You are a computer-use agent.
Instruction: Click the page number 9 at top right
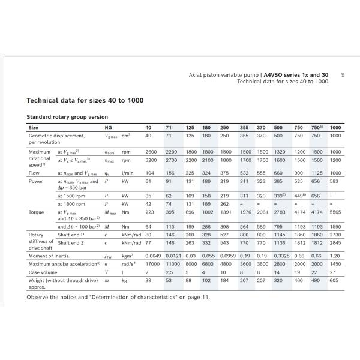[342, 75]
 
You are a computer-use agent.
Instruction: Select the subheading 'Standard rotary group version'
[67, 116]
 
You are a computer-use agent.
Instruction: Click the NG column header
[108, 128]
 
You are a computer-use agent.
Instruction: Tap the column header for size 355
[244, 128]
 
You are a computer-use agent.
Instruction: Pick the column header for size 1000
[335, 128]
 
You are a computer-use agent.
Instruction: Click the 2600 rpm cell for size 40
[151, 152]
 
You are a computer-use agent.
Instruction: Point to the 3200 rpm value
[151, 161]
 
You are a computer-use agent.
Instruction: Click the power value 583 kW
[334, 181]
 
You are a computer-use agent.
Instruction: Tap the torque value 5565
[335, 212]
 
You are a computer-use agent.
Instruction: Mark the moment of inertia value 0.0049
[153, 256]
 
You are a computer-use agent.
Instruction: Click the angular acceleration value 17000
[152, 264]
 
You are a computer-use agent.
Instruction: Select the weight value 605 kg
[334, 280]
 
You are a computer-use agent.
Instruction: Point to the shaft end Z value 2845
[335, 243]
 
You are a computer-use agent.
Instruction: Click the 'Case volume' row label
[44, 272]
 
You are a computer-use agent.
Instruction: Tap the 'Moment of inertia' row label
[50, 256]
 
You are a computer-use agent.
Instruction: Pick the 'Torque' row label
[37, 212]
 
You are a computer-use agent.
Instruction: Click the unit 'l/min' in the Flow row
[126, 172]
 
